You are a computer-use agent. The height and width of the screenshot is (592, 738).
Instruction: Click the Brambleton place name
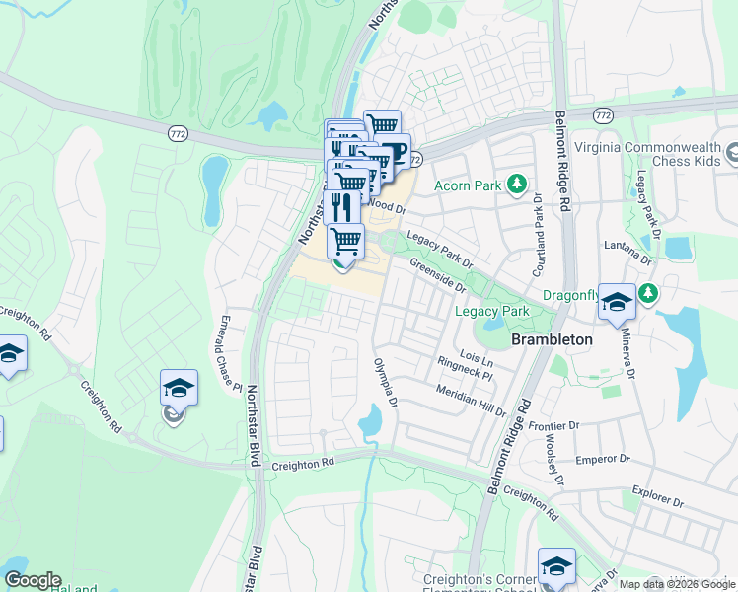(x=552, y=338)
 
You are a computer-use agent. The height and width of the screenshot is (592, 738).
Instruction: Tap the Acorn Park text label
(x=469, y=185)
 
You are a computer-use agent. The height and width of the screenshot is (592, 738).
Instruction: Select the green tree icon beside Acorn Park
(x=514, y=184)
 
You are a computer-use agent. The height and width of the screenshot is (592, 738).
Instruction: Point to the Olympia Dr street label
(x=383, y=383)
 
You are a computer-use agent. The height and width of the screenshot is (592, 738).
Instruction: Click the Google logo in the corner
(x=33, y=580)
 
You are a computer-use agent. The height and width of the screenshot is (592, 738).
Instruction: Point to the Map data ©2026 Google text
(x=677, y=584)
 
